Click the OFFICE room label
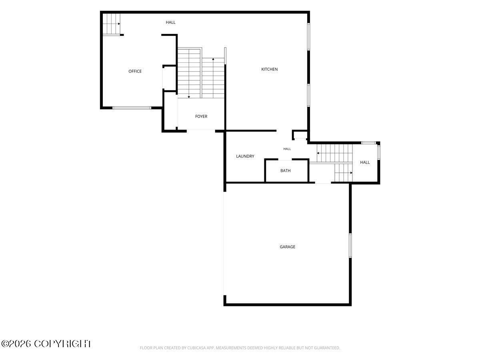pyautogui.click(x=135, y=71)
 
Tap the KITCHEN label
pyautogui.click(x=270, y=69)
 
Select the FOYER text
pyautogui.click(x=201, y=116)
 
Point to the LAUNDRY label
pyautogui.click(x=245, y=156)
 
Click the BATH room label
pyautogui.click(x=285, y=171)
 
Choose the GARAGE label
pyautogui.click(x=287, y=247)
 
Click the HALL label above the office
pyautogui.click(x=170, y=22)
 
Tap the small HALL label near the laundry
pyautogui.click(x=287, y=149)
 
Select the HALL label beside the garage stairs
pyautogui.click(x=365, y=162)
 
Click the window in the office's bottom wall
pyautogui.click(x=132, y=108)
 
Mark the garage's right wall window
pyautogui.click(x=350, y=246)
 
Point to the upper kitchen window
pyautogui.click(x=308, y=37)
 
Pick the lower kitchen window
pyautogui.click(x=308, y=96)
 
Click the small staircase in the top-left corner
pyautogui.click(x=112, y=24)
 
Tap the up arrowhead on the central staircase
pyautogui.click(x=213, y=59)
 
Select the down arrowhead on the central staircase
pyautogui.click(x=189, y=97)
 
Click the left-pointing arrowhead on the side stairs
pyautogui.click(x=318, y=153)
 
